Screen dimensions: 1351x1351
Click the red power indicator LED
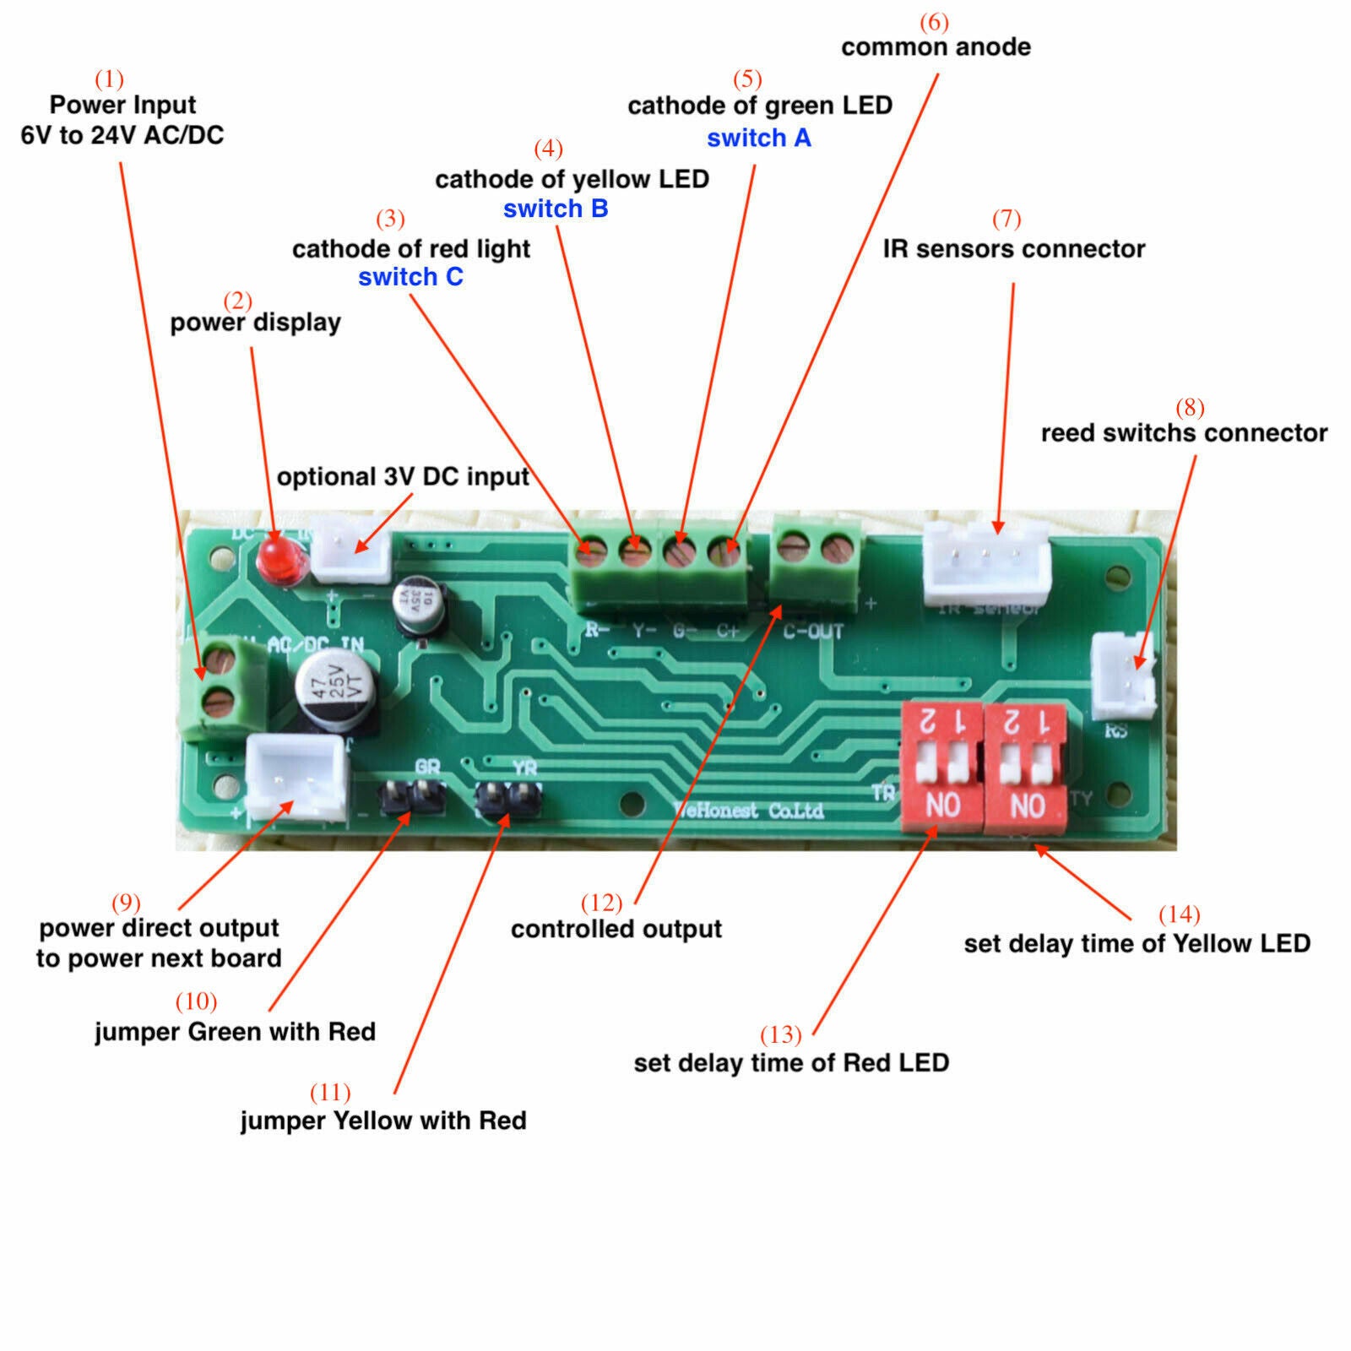pos(275,558)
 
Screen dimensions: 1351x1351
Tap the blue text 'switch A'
pos(758,138)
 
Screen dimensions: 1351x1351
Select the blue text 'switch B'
pos(556,209)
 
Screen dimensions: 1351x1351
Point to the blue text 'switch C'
pos(410,277)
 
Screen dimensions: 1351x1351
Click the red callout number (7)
pos(1006,219)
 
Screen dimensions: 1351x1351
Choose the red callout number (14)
pos(1179,914)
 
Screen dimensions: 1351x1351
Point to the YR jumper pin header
pos(509,796)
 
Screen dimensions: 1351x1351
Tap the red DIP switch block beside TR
pos(942,766)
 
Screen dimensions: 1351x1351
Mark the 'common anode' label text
pos(936,47)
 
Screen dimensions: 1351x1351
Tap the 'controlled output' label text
pos(616,930)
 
